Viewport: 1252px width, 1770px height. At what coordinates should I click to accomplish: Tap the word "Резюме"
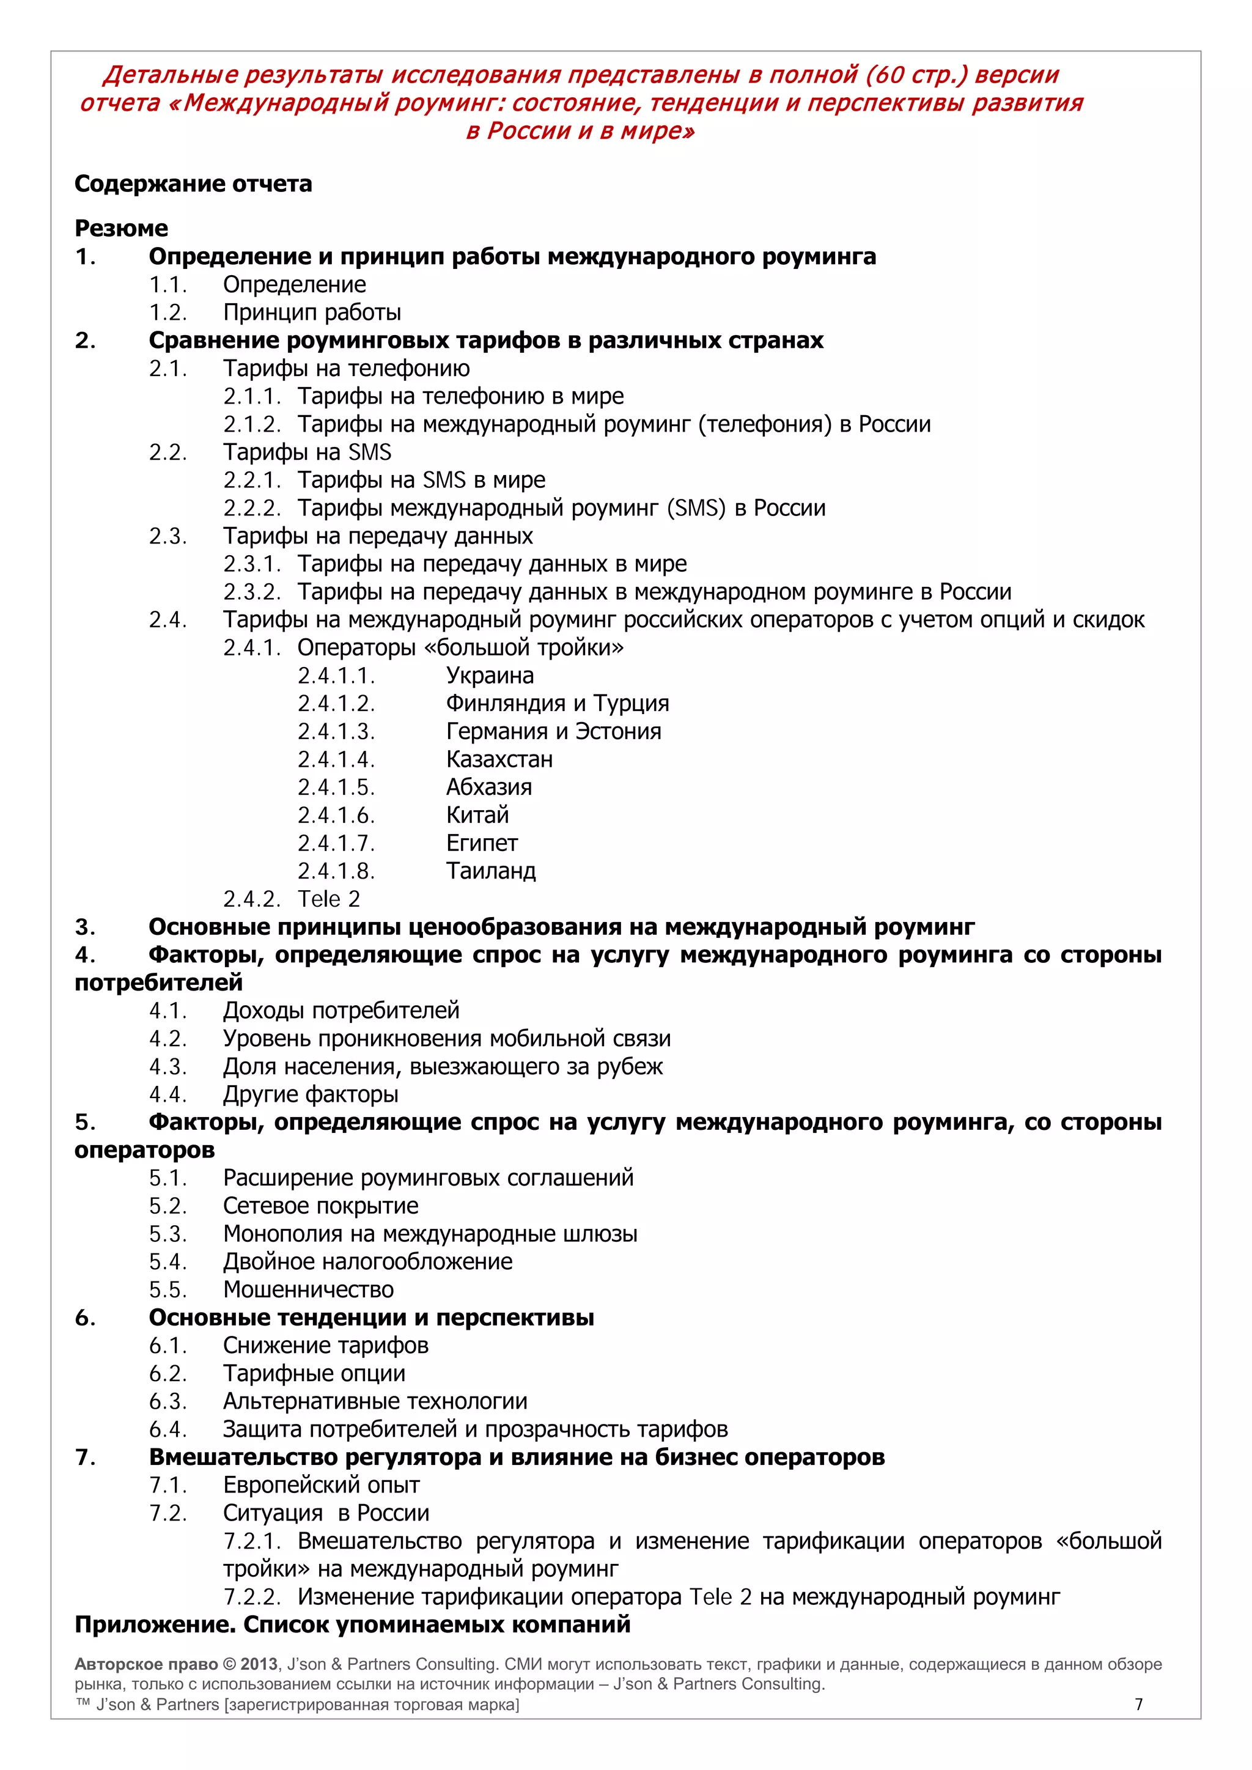pyautogui.click(x=121, y=228)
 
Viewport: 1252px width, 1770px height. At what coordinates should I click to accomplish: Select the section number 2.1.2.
pyautogui.click(x=251, y=424)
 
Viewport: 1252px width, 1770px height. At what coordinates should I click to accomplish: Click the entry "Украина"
pyautogui.click(x=490, y=676)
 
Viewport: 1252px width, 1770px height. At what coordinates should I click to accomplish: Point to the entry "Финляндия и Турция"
pyautogui.click(x=557, y=703)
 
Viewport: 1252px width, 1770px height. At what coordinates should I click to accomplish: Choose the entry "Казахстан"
pyautogui.click(x=499, y=759)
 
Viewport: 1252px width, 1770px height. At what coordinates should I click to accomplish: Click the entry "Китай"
pyautogui.click(x=477, y=815)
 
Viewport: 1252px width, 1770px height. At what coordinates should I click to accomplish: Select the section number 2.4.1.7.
pyautogui.click(x=336, y=843)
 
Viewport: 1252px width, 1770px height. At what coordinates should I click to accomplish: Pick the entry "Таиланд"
pyautogui.click(x=490, y=871)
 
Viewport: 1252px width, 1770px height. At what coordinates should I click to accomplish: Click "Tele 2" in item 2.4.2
pyautogui.click(x=328, y=899)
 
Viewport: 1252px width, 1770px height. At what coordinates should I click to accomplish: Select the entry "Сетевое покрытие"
pyautogui.click(x=321, y=1206)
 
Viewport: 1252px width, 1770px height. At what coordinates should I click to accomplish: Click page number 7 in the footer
pyautogui.click(x=1139, y=1705)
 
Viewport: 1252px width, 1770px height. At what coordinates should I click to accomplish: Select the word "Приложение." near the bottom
pyautogui.click(x=155, y=1625)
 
